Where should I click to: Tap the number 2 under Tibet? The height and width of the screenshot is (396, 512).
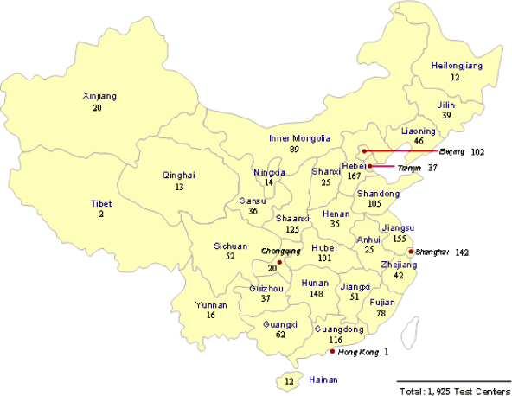[101, 214]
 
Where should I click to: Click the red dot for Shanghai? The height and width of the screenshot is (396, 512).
[410, 252]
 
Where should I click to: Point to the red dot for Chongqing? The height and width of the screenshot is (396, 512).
[279, 262]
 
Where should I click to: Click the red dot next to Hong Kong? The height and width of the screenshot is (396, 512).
[331, 352]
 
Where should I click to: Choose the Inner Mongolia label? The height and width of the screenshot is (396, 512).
[299, 138]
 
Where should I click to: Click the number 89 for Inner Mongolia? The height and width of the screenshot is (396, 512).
[294, 150]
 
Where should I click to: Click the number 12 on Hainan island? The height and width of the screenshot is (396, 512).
[290, 381]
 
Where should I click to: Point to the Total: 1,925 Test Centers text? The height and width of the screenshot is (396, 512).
[452, 391]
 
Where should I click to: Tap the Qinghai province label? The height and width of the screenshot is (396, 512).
[178, 176]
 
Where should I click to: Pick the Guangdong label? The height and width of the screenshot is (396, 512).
[336, 329]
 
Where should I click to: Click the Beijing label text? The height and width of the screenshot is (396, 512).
[451, 151]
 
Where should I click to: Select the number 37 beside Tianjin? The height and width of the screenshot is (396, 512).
[433, 167]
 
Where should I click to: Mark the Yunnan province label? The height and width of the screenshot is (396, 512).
[211, 305]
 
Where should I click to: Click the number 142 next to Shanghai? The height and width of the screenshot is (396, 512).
[462, 252]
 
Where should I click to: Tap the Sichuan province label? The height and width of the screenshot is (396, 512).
[230, 246]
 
